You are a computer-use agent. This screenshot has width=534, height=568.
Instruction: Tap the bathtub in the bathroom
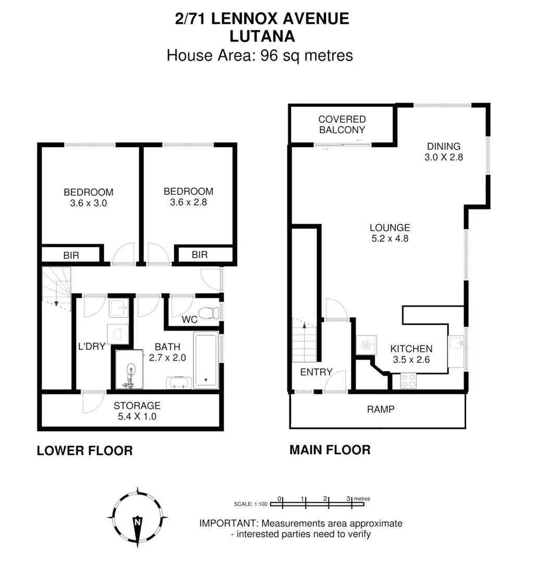coord(206,360)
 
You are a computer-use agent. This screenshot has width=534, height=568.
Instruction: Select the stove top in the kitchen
coord(408,381)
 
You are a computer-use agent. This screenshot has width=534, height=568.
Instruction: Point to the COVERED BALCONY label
coord(342,125)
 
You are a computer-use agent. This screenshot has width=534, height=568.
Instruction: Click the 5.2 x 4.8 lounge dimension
coord(390,239)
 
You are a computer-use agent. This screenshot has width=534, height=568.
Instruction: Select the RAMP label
coord(381,409)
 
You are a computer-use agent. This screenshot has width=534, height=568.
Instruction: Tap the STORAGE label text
coord(137,405)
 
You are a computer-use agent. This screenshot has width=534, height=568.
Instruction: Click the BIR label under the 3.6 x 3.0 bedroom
coord(71,255)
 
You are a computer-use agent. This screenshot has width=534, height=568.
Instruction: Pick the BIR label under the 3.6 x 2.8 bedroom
coord(200,255)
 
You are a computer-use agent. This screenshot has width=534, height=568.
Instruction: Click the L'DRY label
coord(89,346)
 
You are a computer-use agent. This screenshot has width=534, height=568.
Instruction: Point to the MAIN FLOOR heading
coord(330,449)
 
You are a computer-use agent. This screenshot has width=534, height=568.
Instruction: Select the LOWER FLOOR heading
coord(84,450)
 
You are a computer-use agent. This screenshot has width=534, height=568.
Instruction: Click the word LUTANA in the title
coord(262,36)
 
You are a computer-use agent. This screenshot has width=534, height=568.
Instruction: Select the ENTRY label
coord(316,372)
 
